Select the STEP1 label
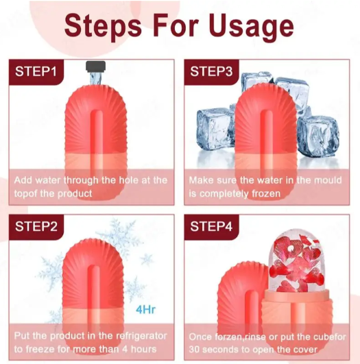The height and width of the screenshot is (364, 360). coord(36,71)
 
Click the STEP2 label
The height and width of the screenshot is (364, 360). coord(36,226)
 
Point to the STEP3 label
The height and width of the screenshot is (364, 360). coord(211,71)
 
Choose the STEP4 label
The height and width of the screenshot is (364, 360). coord(211,226)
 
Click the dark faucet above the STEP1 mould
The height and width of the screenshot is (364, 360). coord(96,66)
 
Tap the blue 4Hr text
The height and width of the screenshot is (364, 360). coord(145,309)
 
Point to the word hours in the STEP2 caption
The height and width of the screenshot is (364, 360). coord(143,349)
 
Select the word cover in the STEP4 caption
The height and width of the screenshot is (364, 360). coord(304,350)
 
